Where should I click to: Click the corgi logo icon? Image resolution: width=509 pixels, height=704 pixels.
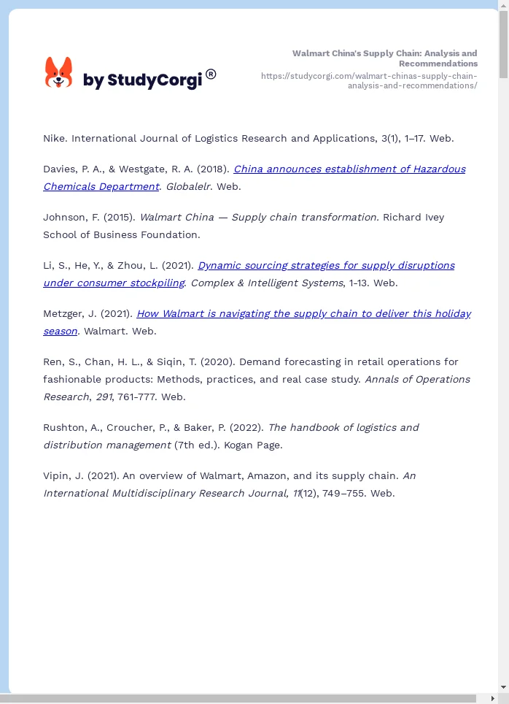pyautogui.click(x=59, y=73)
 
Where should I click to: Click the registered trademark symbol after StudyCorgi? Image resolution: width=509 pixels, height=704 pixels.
pyautogui.click(x=211, y=74)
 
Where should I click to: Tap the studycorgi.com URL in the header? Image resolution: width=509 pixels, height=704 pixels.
pyautogui.click(x=369, y=80)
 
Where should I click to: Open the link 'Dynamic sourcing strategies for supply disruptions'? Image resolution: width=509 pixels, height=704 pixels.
pyautogui.click(x=326, y=265)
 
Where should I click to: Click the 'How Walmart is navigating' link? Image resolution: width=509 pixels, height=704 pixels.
pyautogui.click(x=303, y=313)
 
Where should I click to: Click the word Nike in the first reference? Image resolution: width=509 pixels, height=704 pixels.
pyautogui.click(x=54, y=138)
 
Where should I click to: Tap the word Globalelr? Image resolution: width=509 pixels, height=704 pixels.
pyautogui.click(x=188, y=186)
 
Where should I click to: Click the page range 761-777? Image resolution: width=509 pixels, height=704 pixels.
pyautogui.click(x=134, y=397)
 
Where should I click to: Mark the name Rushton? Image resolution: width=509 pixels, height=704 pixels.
pyautogui.click(x=64, y=427)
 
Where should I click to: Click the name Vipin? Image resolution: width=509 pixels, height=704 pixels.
pyautogui.click(x=58, y=475)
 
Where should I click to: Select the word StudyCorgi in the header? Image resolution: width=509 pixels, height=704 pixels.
pyautogui.click(x=154, y=80)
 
